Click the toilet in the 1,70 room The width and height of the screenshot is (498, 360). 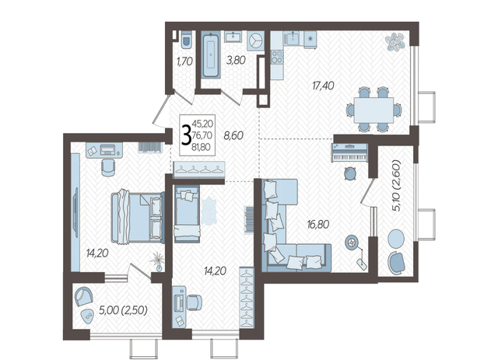[186, 40]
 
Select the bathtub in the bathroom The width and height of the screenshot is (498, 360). [211, 54]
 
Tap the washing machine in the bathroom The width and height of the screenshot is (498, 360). [255, 40]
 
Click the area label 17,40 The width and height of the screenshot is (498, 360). [323, 86]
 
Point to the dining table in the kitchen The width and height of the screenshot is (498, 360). [373, 110]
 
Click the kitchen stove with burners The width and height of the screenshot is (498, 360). [277, 57]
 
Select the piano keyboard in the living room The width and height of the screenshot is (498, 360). [349, 153]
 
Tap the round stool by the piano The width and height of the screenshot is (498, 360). [350, 173]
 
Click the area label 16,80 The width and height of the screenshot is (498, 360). [318, 225]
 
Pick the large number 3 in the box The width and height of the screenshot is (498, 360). [186, 135]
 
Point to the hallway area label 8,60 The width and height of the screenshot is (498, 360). [233, 136]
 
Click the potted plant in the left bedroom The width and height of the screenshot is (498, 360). [157, 261]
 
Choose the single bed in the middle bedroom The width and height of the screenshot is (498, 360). [187, 214]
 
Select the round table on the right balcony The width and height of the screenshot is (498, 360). [396, 238]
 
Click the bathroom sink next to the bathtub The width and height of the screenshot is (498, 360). [233, 37]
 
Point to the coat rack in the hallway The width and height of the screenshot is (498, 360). [199, 170]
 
